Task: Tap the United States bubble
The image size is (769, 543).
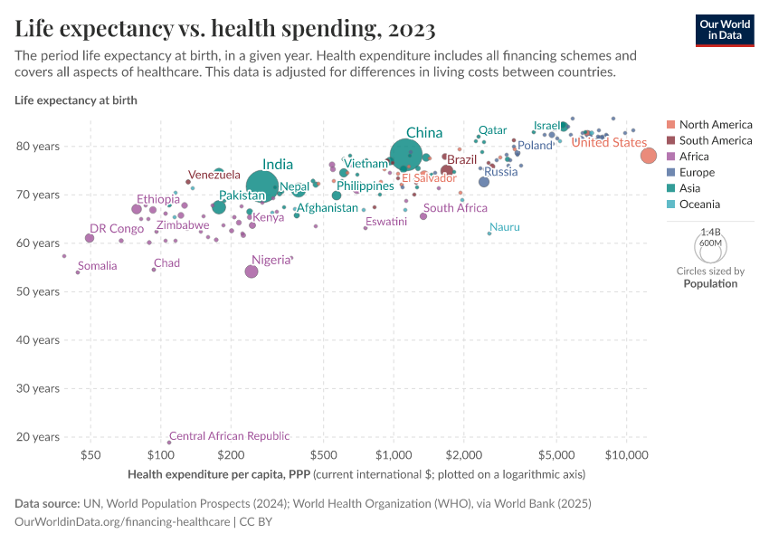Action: click(649, 156)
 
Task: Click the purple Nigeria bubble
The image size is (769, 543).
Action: click(252, 271)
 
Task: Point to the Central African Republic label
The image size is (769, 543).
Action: click(229, 435)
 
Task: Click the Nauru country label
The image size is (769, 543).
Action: click(505, 227)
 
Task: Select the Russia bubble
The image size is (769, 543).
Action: click(484, 182)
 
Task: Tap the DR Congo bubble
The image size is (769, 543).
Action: click(90, 238)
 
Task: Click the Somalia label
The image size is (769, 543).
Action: click(98, 266)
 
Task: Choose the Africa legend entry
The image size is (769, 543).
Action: click(696, 157)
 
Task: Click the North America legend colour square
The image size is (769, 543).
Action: click(670, 125)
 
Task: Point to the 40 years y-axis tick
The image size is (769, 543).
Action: click(37, 340)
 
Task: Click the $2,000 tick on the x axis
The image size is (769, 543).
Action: click(462, 453)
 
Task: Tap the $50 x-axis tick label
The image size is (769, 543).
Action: click(90, 453)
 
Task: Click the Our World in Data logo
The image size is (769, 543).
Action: click(725, 29)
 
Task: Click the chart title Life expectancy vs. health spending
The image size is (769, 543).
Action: click(225, 29)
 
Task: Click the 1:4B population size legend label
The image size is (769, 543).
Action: click(710, 233)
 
